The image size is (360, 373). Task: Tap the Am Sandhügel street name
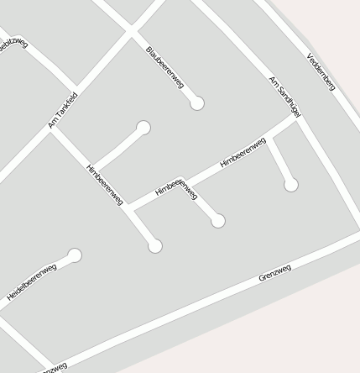284,95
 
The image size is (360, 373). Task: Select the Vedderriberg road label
321,71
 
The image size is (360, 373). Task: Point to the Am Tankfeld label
63,110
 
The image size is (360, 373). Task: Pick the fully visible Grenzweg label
274,272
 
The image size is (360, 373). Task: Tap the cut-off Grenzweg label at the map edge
52,368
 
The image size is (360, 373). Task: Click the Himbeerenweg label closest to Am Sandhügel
243,152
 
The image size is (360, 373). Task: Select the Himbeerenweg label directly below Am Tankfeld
105,184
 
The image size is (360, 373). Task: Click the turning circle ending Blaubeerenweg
197,103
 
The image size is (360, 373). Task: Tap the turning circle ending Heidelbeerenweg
75,255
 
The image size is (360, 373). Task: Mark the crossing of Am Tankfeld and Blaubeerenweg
130,33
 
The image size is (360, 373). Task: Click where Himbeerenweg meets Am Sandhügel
297,118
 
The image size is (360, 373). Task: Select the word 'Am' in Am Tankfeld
52,124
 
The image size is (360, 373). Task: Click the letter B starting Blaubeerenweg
149,50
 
